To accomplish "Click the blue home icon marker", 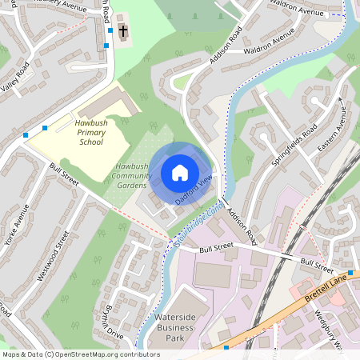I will point(180,173).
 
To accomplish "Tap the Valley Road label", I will point(16,80).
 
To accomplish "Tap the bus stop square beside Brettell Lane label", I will point(350,273).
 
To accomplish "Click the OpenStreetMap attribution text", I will point(80,354).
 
